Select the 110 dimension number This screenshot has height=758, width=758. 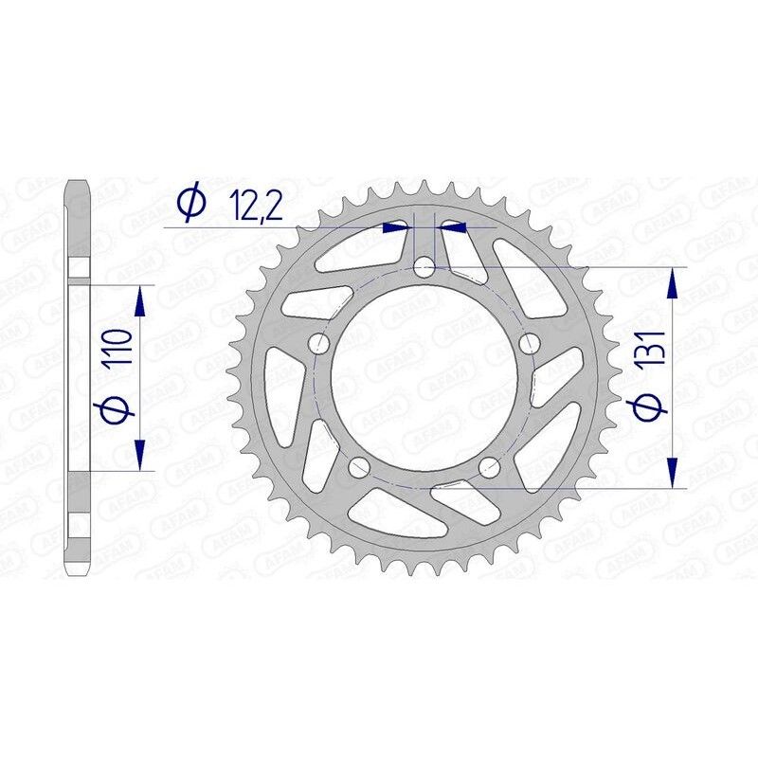(x=117, y=350)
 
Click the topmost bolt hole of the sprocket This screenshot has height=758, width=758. (x=424, y=268)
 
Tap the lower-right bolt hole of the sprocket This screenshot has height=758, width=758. (x=489, y=465)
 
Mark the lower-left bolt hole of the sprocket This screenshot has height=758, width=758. (x=359, y=466)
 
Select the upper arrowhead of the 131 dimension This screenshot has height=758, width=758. (x=673, y=281)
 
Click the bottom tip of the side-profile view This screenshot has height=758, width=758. (x=78, y=574)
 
